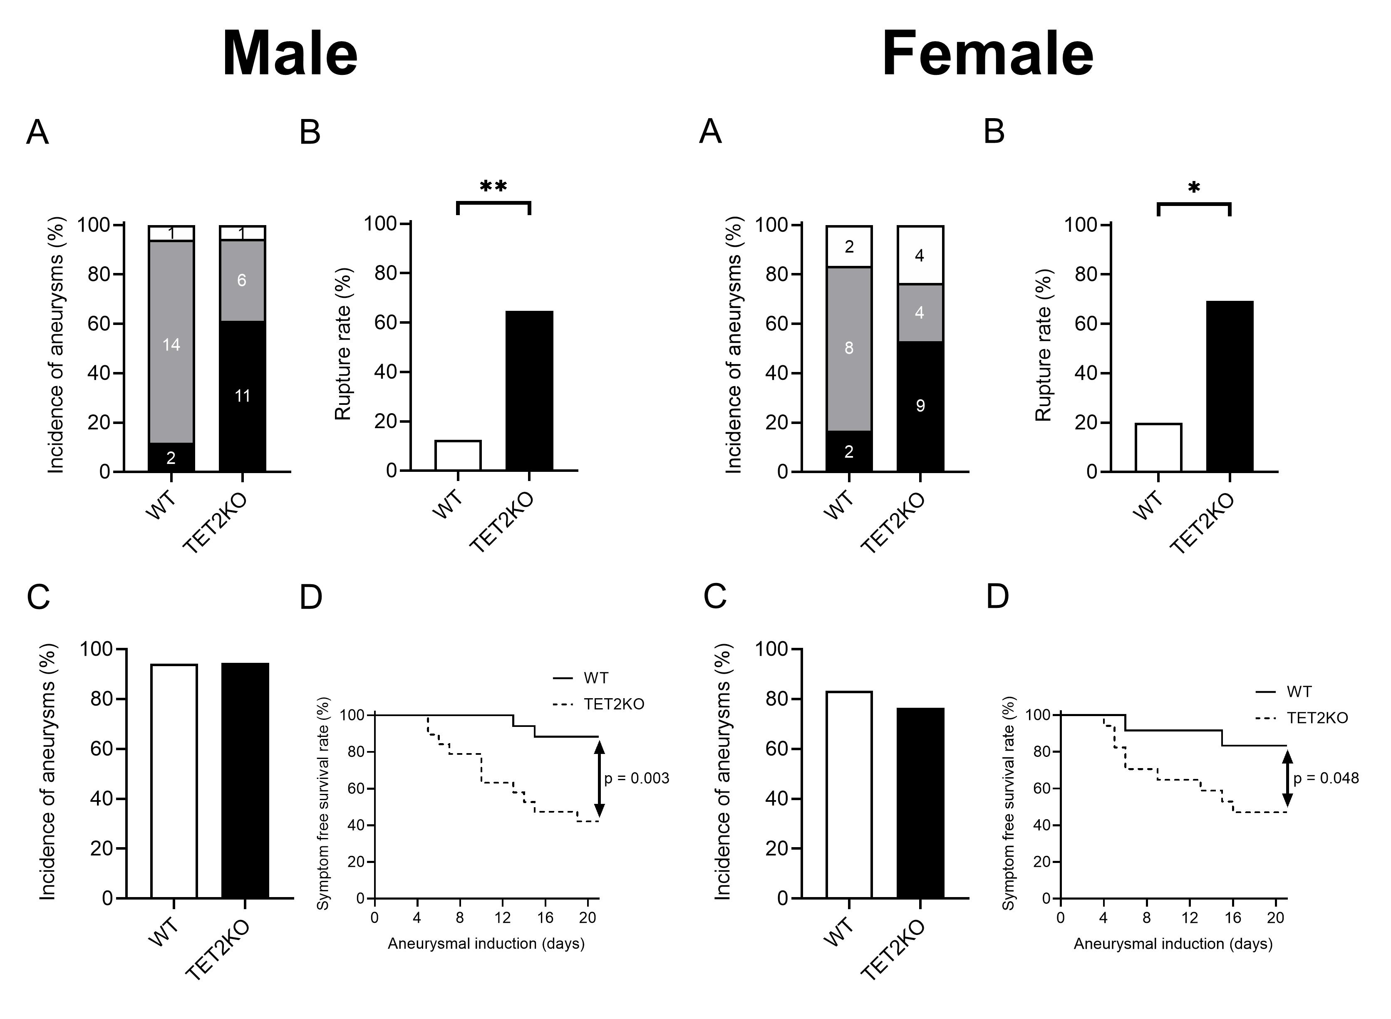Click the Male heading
click(x=290, y=54)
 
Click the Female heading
click(x=987, y=54)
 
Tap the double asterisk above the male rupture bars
click(x=493, y=186)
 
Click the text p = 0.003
click(x=637, y=779)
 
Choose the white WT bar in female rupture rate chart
click(x=1158, y=447)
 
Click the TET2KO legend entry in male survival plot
click(x=598, y=704)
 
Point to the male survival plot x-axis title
click(x=486, y=944)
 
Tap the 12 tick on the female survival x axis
click(x=1189, y=918)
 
